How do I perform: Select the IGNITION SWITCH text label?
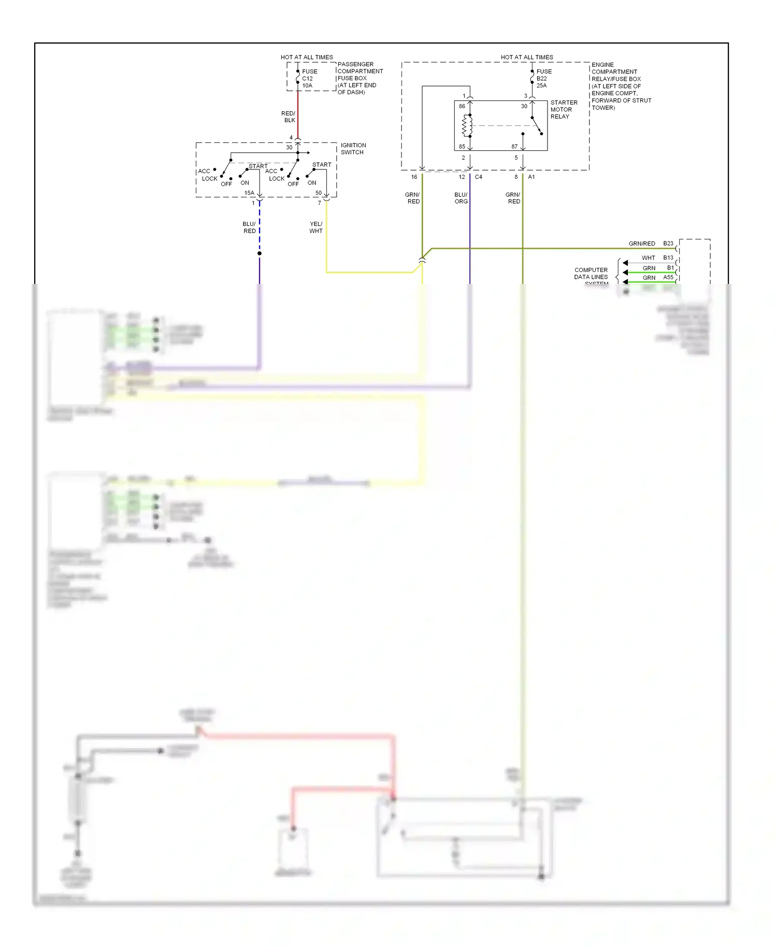pyautogui.click(x=353, y=149)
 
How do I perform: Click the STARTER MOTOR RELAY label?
pyautogui.click(x=563, y=109)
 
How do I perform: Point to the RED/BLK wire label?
pyautogui.click(x=289, y=117)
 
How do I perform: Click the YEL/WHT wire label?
pyautogui.click(x=316, y=227)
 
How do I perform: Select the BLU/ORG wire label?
pyautogui.click(x=461, y=198)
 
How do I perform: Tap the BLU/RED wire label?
pyautogui.click(x=249, y=227)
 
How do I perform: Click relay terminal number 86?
pyautogui.click(x=462, y=106)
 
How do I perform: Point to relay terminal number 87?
pyautogui.click(x=514, y=147)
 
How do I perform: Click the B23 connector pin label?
pyautogui.click(x=668, y=243)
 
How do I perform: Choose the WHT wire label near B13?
pyautogui.click(x=649, y=258)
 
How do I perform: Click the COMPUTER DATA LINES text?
pyautogui.click(x=591, y=274)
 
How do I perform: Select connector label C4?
pyautogui.click(x=479, y=177)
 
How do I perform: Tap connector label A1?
pyautogui.click(x=531, y=177)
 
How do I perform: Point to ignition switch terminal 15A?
pyautogui.click(x=249, y=193)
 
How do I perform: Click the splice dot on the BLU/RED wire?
pyautogui.click(x=260, y=253)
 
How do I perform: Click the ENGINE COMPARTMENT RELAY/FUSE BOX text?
pyautogui.click(x=621, y=86)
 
